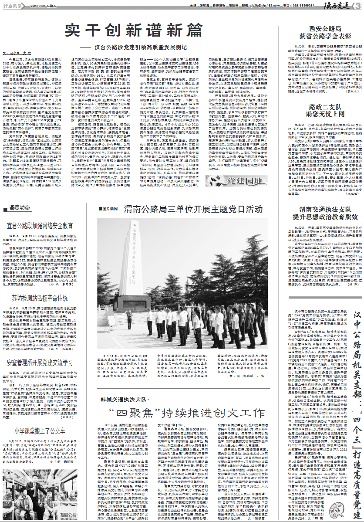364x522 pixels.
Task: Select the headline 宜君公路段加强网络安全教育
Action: pos(40,226)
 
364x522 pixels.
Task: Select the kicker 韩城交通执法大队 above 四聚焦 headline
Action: pos(127,399)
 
